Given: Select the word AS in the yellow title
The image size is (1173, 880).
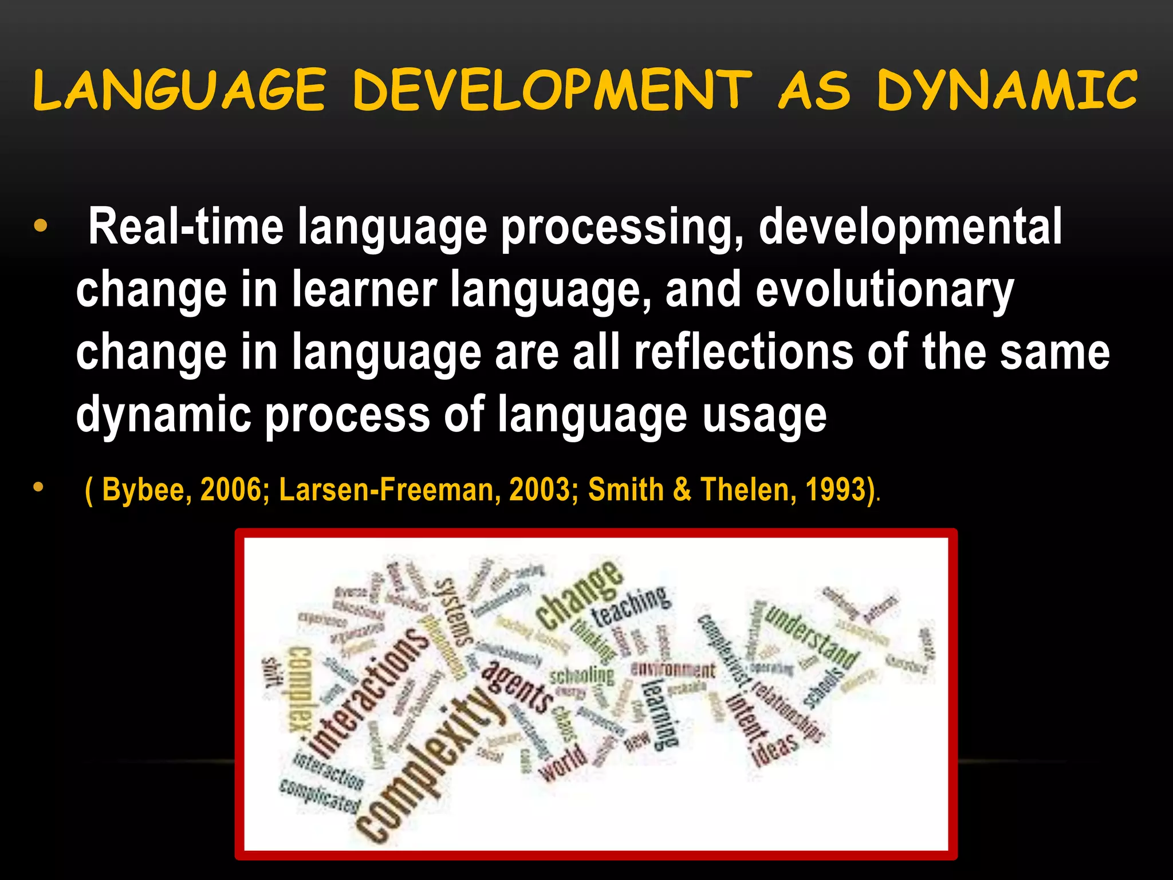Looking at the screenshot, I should [814, 91].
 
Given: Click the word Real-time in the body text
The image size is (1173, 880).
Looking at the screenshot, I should [186, 227].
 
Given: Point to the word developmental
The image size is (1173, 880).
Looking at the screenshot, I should [910, 227].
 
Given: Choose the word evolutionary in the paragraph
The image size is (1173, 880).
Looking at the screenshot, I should [885, 290].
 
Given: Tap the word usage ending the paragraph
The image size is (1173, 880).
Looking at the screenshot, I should [765, 415].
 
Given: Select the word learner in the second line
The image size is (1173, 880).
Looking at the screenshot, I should [365, 290].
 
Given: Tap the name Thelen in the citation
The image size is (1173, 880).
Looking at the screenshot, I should [745, 490].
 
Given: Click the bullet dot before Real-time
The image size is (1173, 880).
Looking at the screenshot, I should [40, 226].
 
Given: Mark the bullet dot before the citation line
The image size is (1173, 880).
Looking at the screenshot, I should [38, 488].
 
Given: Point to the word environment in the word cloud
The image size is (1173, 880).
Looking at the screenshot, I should [672, 670].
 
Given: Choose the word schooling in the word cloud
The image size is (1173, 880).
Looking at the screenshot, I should [582, 676].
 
